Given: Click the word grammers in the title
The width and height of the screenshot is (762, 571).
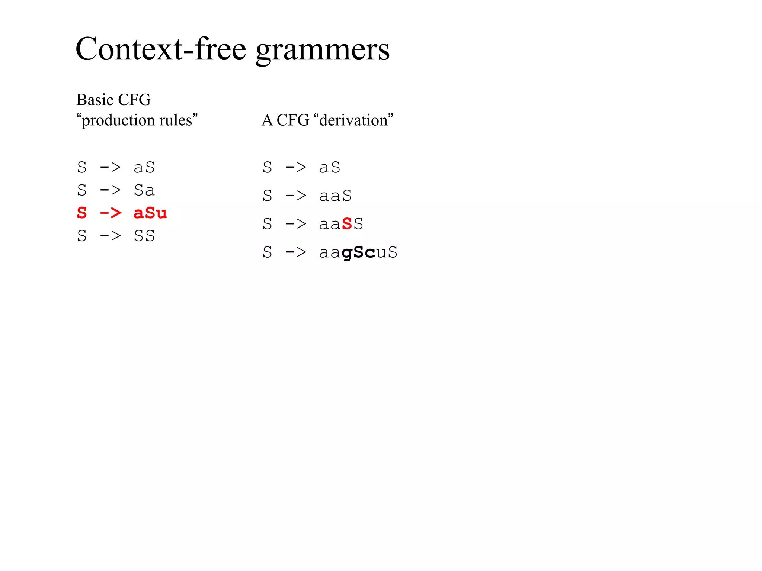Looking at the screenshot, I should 323,50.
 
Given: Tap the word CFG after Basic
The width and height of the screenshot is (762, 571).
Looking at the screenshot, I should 134,100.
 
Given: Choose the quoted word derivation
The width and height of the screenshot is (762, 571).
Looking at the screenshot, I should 353,120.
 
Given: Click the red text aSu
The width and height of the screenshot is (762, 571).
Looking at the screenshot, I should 150,213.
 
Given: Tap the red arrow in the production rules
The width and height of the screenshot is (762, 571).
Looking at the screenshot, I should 111,213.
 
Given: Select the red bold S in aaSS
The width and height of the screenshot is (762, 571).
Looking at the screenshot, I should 347,224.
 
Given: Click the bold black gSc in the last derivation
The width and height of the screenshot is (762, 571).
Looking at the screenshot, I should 358,252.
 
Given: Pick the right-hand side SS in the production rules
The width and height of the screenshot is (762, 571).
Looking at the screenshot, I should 144,236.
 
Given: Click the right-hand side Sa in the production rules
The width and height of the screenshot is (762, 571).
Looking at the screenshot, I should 144,190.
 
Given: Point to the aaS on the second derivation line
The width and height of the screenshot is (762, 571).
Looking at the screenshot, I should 335,196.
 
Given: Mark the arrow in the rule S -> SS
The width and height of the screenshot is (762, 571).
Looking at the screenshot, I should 111,236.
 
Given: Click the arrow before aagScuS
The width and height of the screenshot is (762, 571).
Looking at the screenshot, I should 296,252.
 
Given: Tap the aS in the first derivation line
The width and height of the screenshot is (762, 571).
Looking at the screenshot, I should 330,167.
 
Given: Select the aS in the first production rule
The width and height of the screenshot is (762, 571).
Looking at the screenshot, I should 144,167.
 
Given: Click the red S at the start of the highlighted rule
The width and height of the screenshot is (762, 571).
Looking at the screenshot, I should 82,213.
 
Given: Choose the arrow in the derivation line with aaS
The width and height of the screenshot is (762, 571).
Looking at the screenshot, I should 296,196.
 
